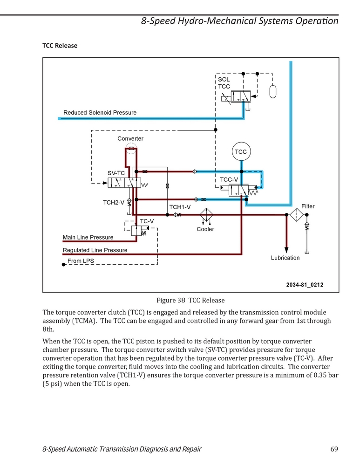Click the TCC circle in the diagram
(241, 151)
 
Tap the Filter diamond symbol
(297, 214)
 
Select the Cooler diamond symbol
(206, 214)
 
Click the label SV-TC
(116, 173)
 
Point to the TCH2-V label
(114, 202)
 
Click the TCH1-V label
(180, 207)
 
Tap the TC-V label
(147, 221)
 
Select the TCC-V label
(229, 179)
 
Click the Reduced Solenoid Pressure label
(100, 112)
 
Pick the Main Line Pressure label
(88, 237)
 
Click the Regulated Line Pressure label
(95, 250)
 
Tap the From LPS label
(81, 260)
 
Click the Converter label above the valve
(130, 138)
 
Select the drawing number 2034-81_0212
(305, 284)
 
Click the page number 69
(334, 449)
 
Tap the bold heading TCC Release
(60, 46)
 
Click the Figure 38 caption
(190, 300)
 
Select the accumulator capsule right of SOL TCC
(272, 91)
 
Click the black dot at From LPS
(63, 265)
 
